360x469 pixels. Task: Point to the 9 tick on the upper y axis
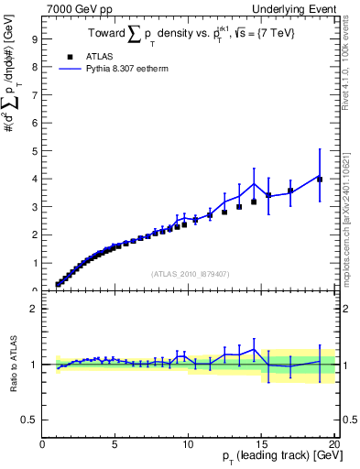pyautogui.click(x=34, y=40)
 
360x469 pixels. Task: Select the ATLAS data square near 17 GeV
pyautogui.click(x=290, y=191)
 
